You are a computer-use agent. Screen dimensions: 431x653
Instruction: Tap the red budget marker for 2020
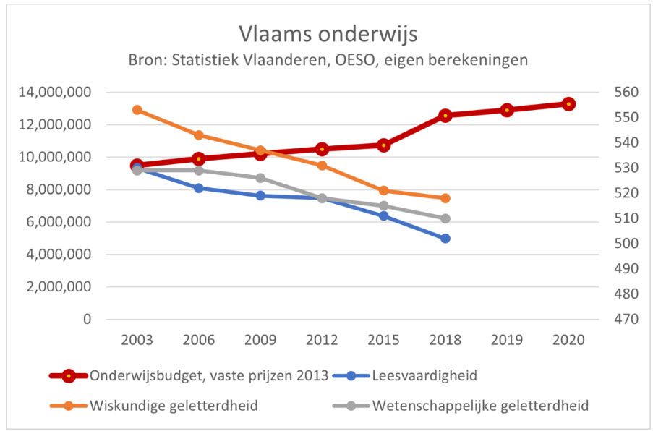[x=568, y=104]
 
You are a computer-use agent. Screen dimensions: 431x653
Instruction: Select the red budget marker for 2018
[x=445, y=115]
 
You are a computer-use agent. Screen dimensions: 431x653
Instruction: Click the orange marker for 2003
[x=137, y=110]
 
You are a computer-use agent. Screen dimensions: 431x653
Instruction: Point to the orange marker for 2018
[x=445, y=198]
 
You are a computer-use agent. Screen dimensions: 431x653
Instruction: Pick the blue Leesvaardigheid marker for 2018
[x=445, y=238]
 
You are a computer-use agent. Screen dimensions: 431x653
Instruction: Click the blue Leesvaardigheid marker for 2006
[x=199, y=188]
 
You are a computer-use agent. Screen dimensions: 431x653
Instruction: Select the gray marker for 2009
[x=260, y=178]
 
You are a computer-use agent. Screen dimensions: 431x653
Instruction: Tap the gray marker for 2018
[x=445, y=218]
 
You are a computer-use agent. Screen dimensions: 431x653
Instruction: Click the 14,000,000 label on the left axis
[x=56, y=93]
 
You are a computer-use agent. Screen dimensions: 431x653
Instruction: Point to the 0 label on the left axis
[x=87, y=319]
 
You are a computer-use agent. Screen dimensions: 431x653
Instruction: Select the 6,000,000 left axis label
[x=59, y=222]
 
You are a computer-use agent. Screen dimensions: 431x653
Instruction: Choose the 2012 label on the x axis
[x=322, y=339]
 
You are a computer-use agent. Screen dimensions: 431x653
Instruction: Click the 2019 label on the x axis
[x=507, y=339]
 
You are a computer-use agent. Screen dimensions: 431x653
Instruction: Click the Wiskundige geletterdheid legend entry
[x=174, y=405]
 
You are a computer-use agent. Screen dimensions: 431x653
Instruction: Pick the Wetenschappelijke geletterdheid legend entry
[x=480, y=405]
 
